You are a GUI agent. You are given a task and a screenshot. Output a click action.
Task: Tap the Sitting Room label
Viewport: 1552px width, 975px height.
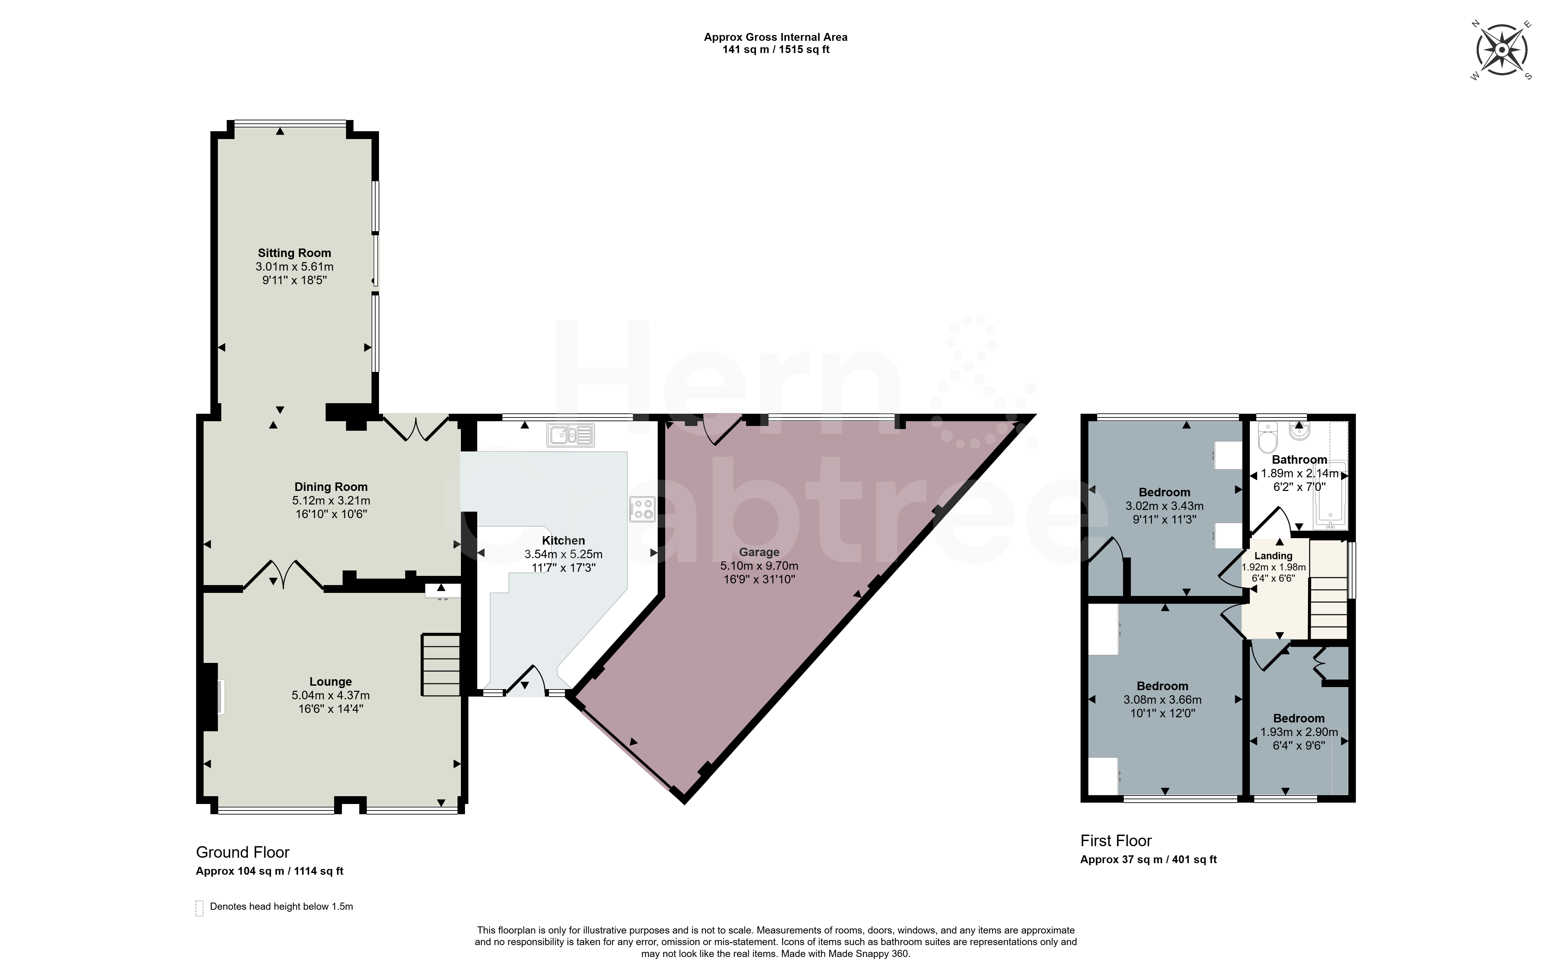click(295, 253)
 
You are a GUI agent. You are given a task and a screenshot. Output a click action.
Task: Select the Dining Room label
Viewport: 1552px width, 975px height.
click(331, 487)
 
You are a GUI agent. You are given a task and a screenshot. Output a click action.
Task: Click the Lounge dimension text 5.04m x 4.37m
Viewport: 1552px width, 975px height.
click(331, 695)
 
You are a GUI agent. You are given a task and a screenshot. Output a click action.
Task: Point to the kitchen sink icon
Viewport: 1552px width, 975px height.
click(571, 435)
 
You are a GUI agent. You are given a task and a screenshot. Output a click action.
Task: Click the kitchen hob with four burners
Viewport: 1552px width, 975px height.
click(642, 509)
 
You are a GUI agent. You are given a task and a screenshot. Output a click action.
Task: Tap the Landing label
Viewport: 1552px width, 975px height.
click(1274, 556)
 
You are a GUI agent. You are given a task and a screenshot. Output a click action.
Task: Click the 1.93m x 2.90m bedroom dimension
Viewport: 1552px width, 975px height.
click(1299, 732)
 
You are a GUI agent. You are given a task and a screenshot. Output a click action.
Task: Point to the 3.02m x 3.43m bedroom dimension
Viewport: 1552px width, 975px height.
click(1165, 506)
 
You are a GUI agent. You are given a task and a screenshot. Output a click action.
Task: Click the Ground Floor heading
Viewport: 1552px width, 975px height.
click(243, 853)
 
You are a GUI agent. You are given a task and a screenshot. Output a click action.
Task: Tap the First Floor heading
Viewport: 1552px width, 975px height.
click(1116, 841)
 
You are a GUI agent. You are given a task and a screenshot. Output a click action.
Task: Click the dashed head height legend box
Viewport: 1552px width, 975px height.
click(200, 908)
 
